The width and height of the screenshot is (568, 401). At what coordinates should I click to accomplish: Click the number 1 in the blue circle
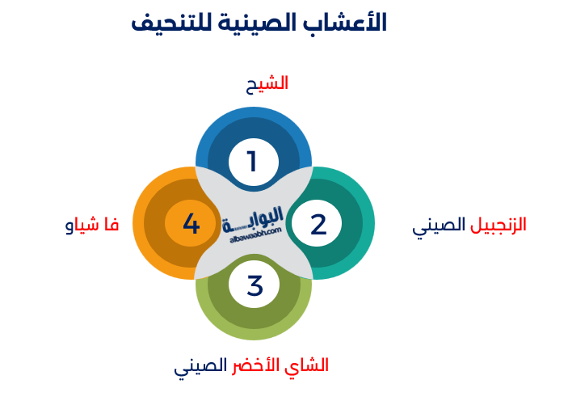(x=252, y=162)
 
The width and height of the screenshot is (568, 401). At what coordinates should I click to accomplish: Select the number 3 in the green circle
(x=255, y=285)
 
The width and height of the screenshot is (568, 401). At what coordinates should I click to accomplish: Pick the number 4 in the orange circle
(x=191, y=223)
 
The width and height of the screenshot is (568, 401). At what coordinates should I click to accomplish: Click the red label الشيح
(x=267, y=83)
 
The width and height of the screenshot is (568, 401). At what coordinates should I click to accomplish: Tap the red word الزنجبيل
(x=499, y=225)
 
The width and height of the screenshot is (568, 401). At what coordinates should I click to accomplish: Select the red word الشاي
(x=309, y=365)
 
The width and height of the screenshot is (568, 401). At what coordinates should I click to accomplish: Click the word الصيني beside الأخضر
(x=200, y=365)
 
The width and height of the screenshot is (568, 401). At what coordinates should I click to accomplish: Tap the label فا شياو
(x=92, y=225)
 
